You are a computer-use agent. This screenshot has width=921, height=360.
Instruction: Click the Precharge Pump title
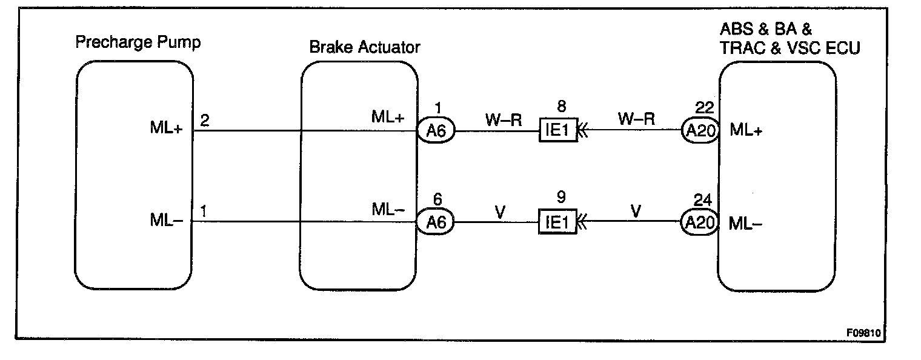[138, 42]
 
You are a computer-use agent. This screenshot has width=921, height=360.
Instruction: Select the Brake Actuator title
[364, 47]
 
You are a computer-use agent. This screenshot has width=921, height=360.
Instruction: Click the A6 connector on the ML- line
[436, 222]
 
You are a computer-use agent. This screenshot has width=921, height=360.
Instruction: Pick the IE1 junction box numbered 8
[557, 130]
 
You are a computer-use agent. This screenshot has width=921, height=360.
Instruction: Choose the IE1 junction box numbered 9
[557, 222]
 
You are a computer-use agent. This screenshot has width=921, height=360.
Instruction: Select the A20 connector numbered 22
[700, 130]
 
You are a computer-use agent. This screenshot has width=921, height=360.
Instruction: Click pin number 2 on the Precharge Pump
[204, 120]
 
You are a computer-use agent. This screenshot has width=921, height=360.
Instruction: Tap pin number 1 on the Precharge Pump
[204, 212]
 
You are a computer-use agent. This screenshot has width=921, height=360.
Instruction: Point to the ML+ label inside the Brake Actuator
[388, 118]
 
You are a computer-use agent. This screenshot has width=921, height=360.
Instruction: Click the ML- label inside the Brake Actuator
[387, 209]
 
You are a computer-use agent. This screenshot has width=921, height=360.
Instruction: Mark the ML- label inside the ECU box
[745, 223]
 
